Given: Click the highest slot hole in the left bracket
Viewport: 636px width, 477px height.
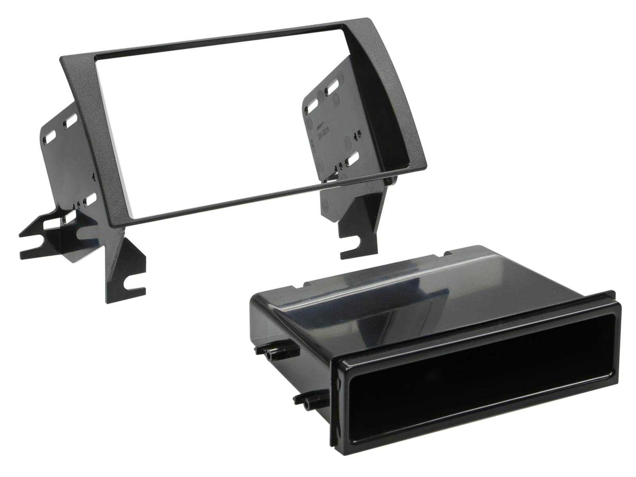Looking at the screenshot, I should click(71, 119).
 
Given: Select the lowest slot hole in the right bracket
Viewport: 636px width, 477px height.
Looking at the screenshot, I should click(352, 159).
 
